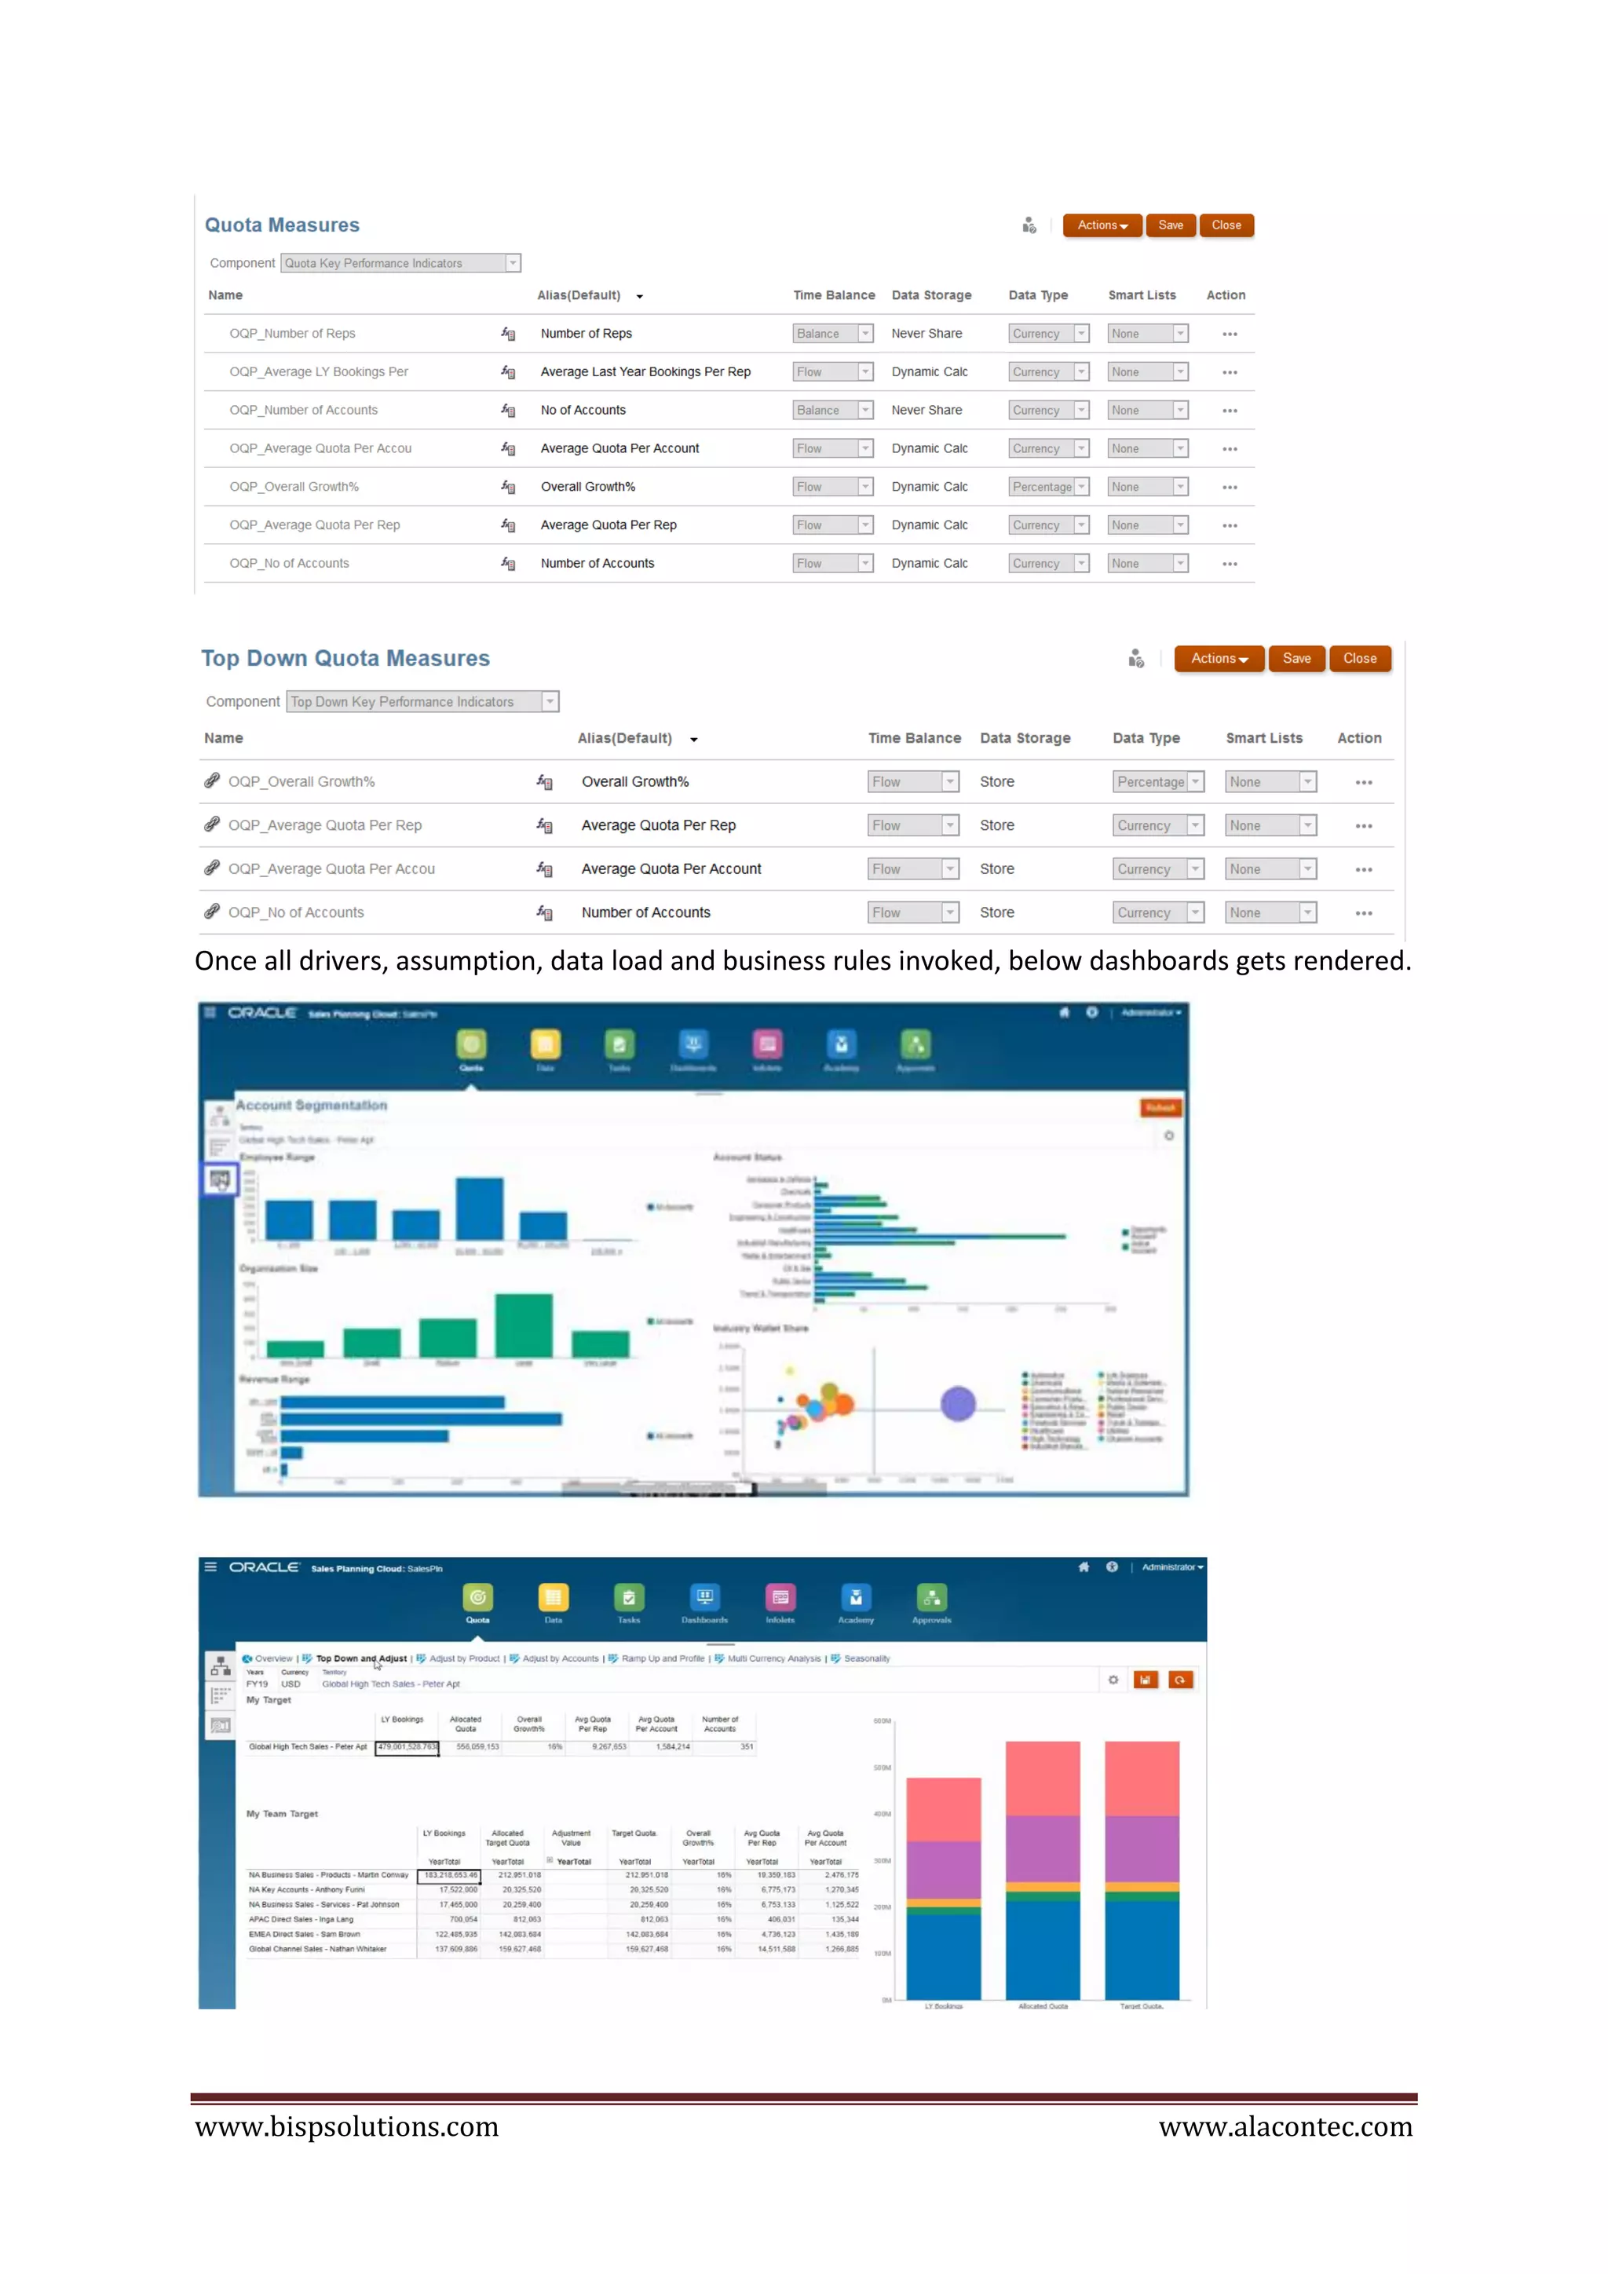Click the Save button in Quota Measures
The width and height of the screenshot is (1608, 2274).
(1171, 226)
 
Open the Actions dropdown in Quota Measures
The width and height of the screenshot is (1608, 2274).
(1102, 226)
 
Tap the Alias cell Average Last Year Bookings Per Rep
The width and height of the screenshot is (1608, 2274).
(645, 372)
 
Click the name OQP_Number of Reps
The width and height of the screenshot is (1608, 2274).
(292, 334)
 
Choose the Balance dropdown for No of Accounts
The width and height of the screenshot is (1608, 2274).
(831, 410)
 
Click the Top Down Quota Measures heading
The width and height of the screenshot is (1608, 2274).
(345, 659)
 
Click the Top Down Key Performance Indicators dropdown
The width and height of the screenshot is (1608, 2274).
(422, 702)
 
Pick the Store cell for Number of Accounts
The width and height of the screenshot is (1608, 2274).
(996, 913)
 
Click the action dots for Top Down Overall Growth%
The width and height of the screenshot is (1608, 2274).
(1364, 782)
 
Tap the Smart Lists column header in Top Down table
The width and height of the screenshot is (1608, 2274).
(1263, 739)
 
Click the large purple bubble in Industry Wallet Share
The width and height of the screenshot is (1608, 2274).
(957, 1403)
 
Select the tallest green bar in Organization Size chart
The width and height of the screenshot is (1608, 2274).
(523, 1325)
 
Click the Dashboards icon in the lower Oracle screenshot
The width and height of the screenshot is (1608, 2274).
(704, 1598)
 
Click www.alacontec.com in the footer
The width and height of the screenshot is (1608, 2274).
(1285, 2126)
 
